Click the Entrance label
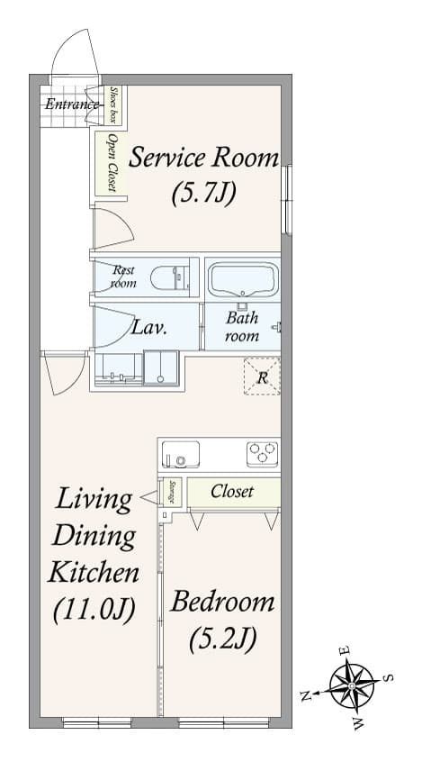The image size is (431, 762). [x=71, y=104]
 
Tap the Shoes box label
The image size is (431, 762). [x=115, y=105]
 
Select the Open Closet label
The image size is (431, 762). [x=112, y=162]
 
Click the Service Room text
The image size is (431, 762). [x=203, y=159]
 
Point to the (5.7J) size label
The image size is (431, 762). [x=203, y=192]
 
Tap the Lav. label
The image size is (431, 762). [x=148, y=328]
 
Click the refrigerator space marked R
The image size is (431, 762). [x=262, y=377]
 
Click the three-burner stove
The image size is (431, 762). [x=262, y=452]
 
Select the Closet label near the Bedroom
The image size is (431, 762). [x=232, y=492]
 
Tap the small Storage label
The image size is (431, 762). [x=172, y=493]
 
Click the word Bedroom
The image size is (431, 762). [x=222, y=602]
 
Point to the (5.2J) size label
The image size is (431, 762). [x=222, y=639]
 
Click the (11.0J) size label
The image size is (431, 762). [x=94, y=610]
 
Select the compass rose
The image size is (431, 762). [x=350, y=685]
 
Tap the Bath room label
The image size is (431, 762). [x=242, y=327]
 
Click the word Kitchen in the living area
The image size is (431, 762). [x=94, y=572]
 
